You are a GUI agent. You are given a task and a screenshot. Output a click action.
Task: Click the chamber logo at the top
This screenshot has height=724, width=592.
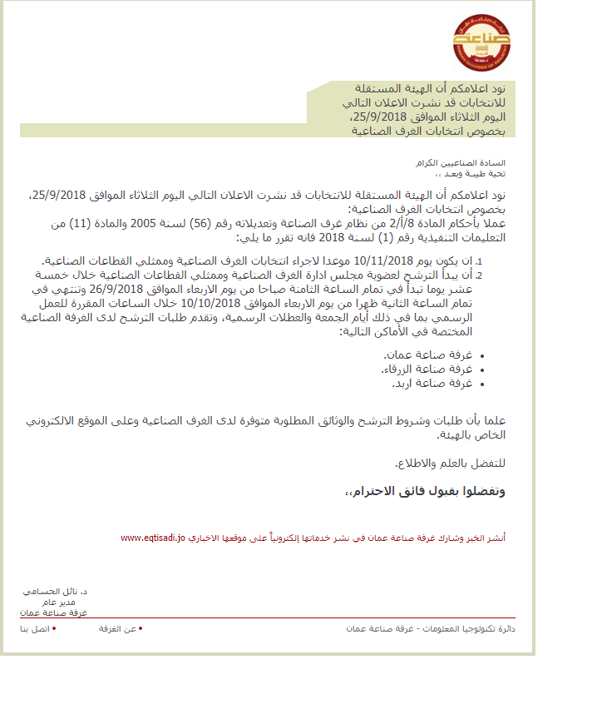click(x=481, y=41)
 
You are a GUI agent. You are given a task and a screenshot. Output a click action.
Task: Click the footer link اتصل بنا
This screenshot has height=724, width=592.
click(x=35, y=629)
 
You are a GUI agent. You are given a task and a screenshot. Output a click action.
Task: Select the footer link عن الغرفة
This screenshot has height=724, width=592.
click(x=119, y=629)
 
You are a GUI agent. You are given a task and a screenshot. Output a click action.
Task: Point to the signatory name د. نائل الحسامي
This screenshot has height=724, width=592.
click(x=56, y=591)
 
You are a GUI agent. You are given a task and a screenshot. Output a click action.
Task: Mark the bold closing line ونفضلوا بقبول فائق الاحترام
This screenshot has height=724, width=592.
click(x=425, y=491)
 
